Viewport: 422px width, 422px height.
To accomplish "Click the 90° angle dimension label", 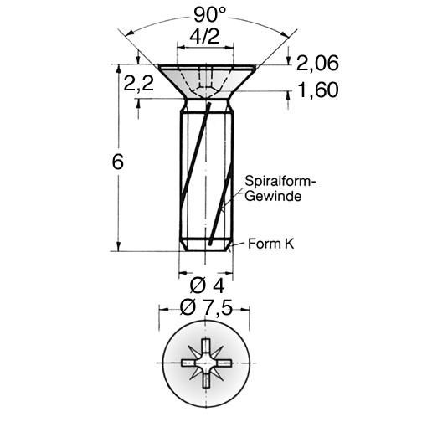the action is [209, 14].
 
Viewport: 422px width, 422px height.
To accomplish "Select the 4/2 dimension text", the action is [204, 36].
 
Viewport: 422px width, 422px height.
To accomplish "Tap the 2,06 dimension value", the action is [317, 63].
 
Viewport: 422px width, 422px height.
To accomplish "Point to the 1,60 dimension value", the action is [318, 90].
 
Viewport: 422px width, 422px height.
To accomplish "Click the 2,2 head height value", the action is [139, 83].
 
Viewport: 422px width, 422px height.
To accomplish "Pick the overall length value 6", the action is [117, 162].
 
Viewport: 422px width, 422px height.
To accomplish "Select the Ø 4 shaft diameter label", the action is [207, 286].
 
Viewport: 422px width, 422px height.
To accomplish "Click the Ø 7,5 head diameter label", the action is [206, 307].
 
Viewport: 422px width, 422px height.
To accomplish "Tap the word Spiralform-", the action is [280, 182].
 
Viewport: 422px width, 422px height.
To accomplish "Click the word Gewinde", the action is [274, 196].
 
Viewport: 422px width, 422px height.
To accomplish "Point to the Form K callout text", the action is [271, 244].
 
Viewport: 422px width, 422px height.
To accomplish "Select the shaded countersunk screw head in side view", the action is [207, 82].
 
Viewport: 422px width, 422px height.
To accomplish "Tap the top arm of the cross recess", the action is [206, 347].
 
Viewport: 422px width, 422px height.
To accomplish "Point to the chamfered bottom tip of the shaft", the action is [206, 244].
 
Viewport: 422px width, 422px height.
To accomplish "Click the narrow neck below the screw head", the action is [206, 105].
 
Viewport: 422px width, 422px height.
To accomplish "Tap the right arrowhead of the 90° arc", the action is [285, 33].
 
